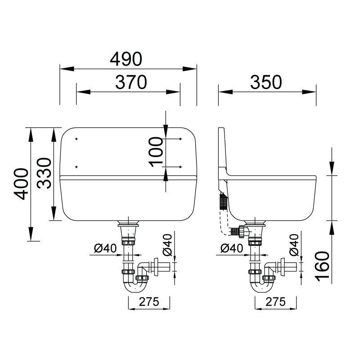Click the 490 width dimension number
click(x=126, y=59)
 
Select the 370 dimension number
click(x=131, y=82)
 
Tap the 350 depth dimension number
click(x=266, y=82)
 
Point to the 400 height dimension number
click(x=21, y=184)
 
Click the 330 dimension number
click(x=44, y=173)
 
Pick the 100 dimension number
click(x=156, y=152)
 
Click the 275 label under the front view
click(x=149, y=301)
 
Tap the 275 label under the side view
click(x=275, y=301)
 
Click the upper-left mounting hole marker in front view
click(x=76, y=139)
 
